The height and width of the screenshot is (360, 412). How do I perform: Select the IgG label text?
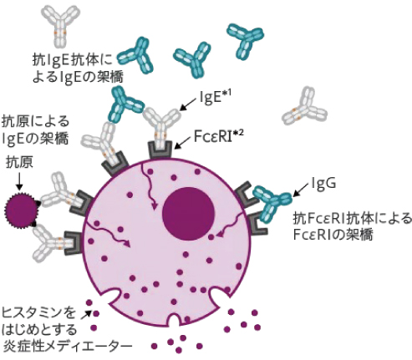323,183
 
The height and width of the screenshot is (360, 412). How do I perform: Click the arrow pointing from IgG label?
298,189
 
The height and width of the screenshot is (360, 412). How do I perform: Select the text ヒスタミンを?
39,312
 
